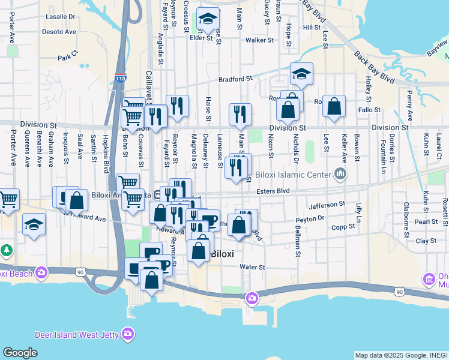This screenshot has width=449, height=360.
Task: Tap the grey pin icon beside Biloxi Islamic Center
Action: pos(340,175)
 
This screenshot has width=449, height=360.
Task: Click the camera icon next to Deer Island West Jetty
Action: pos(127,334)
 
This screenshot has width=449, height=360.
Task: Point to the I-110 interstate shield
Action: pos(120,78)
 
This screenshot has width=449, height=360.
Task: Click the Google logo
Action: pos(20,353)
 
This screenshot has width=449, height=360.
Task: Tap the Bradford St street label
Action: pos(235,79)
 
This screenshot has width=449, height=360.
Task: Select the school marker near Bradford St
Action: pos(301,74)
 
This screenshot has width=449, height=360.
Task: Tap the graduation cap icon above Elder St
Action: pos(208,19)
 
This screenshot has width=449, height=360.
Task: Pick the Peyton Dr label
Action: pos(310,218)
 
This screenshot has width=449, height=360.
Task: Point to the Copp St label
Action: pos(343,227)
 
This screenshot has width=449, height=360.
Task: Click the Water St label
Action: pos(252,266)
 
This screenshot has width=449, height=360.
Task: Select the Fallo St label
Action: pos(369,110)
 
